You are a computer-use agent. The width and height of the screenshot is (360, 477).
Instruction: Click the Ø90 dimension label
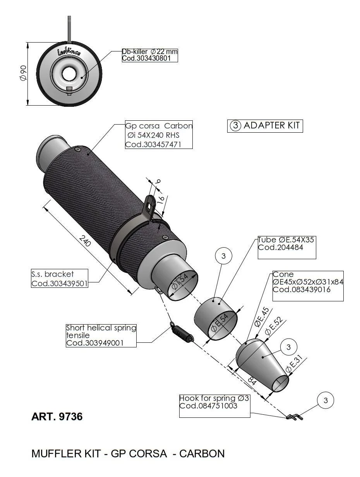[23, 73]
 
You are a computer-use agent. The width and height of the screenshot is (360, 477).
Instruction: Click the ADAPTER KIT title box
[265, 126]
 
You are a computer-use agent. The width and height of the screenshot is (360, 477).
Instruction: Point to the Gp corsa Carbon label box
[159, 135]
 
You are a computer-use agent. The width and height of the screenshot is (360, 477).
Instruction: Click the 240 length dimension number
[85, 241]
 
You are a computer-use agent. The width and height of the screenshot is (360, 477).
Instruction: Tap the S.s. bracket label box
[59, 279]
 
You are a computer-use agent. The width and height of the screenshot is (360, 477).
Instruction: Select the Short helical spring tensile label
[101, 335]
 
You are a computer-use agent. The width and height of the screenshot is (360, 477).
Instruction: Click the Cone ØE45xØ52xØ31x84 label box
[308, 286]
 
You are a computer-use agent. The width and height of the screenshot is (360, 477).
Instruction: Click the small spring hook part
[294, 417]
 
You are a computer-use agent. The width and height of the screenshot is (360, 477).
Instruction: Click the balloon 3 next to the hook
[325, 400]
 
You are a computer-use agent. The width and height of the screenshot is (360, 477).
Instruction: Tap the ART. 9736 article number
[57, 417]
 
